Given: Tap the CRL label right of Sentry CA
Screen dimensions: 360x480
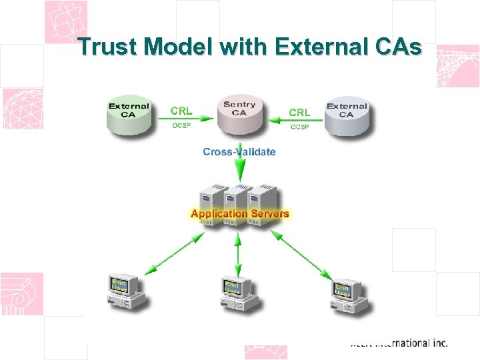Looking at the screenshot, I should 299,112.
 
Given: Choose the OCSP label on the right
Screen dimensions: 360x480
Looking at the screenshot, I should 299,127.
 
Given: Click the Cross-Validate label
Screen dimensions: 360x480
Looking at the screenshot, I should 239,152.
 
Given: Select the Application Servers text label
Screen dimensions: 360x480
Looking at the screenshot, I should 240,214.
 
